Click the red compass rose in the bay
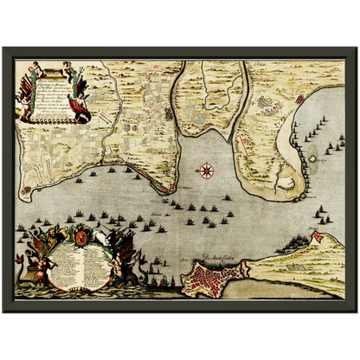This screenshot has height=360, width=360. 207,170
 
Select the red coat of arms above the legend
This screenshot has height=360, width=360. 78,234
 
